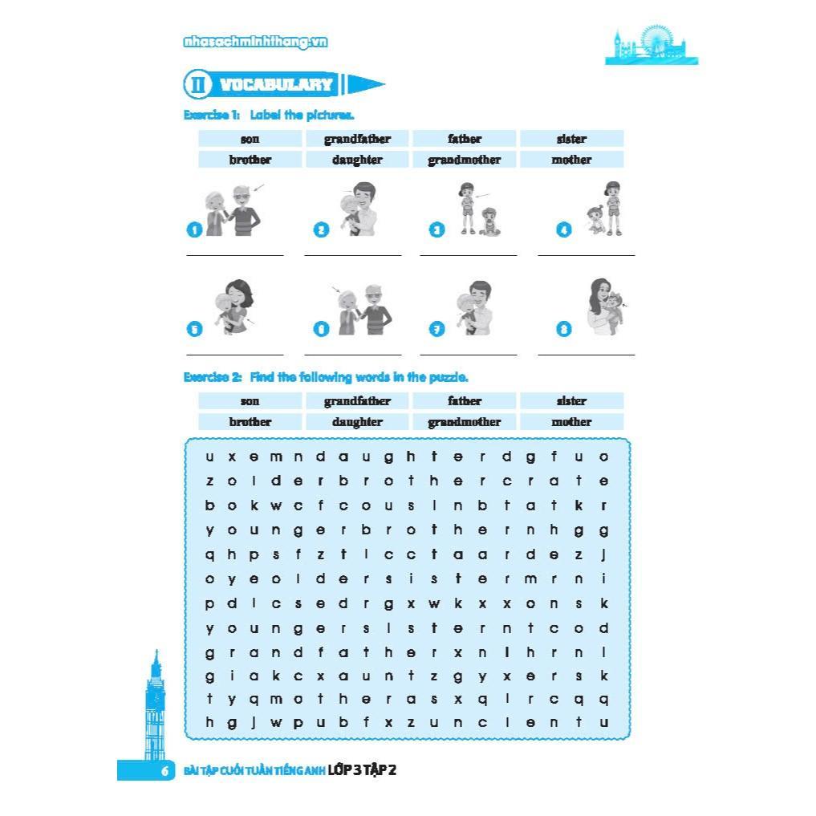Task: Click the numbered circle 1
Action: tap(193, 230)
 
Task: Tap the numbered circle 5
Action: tap(193, 328)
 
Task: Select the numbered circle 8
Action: tap(564, 328)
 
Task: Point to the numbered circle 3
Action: tap(437, 230)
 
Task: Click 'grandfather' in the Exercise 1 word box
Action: tap(357, 139)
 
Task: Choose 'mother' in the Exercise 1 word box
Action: tap(571, 160)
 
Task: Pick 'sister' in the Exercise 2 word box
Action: tap(571, 401)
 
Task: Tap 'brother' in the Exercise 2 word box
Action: tap(250, 422)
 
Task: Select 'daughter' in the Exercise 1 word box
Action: tap(357, 160)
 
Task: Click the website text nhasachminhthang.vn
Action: tap(255, 43)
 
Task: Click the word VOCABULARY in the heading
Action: tap(276, 84)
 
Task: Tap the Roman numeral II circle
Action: tap(197, 84)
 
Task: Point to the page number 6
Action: tap(164, 771)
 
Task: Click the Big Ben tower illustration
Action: tap(156, 706)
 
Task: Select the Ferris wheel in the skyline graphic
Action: tap(656, 40)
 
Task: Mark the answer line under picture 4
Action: tap(586, 255)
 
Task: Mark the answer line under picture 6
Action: tap(352, 354)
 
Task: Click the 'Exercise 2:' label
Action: tap(213, 377)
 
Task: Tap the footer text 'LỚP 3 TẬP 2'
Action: tap(363, 771)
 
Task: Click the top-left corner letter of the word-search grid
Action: tap(210, 457)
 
